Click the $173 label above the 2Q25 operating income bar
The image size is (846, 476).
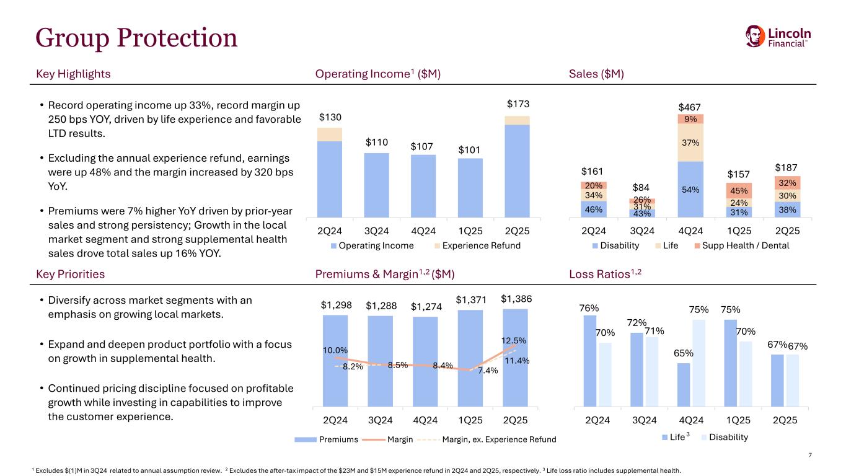tap(517, 103)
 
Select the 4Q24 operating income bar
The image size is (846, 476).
tap(423, 185)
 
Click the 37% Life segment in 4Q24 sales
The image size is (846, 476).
tap(690, 143)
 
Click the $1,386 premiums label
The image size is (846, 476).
tap(516, 299)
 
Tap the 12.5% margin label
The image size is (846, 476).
tap(514, 340)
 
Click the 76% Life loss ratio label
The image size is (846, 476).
tap(589, 308)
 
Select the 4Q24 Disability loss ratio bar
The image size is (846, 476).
tap(699, 363)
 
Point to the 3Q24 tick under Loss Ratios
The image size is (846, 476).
tap(645, 420)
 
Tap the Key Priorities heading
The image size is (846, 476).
tap(72, 274)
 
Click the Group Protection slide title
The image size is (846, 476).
tap(137, 38)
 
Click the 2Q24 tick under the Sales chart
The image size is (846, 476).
tap(594, 231)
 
